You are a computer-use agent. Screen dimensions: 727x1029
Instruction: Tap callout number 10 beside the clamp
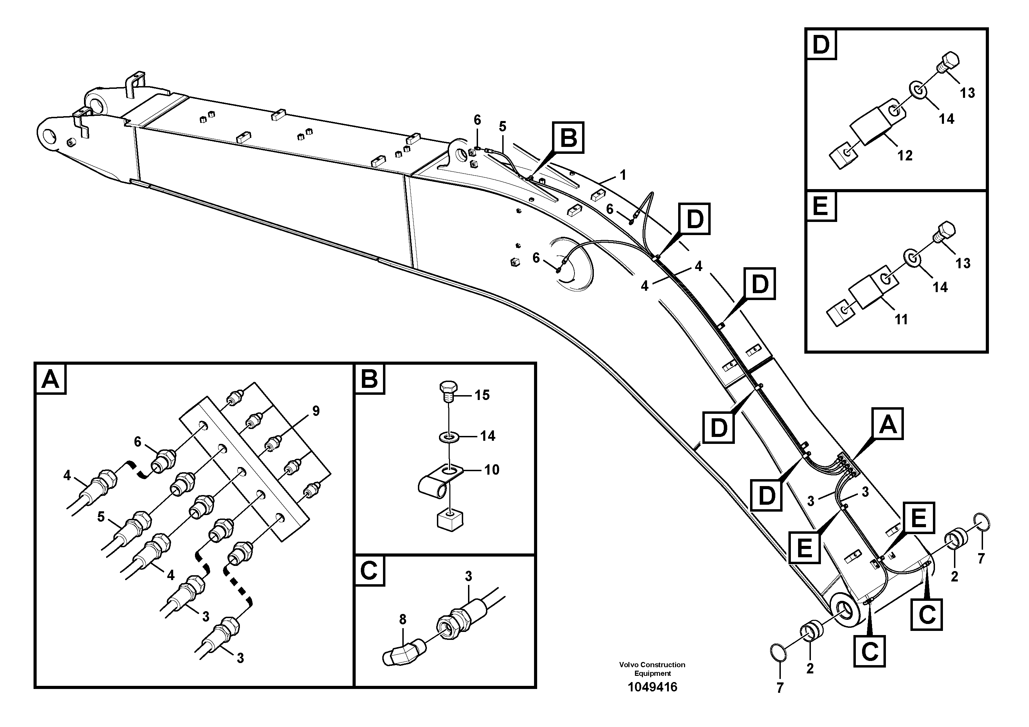[x=492, y=470]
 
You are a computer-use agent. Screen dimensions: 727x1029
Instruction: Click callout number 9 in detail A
[x=316, y=411]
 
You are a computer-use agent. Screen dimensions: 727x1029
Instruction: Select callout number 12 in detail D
[x=905, y=156]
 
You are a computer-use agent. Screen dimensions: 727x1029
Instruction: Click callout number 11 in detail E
[x=901, y=319]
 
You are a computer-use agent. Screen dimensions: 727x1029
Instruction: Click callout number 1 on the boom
[x=623, y=175]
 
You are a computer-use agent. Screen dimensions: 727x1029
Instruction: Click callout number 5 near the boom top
[x=502, y=127]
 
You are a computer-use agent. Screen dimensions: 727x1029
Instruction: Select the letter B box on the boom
[x=568, y=138]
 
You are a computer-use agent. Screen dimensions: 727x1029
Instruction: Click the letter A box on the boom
[x=887, y=423]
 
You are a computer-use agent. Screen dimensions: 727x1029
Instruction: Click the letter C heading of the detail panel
[x=369, y=571]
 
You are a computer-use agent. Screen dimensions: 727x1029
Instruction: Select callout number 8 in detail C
[x=402, y=619]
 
